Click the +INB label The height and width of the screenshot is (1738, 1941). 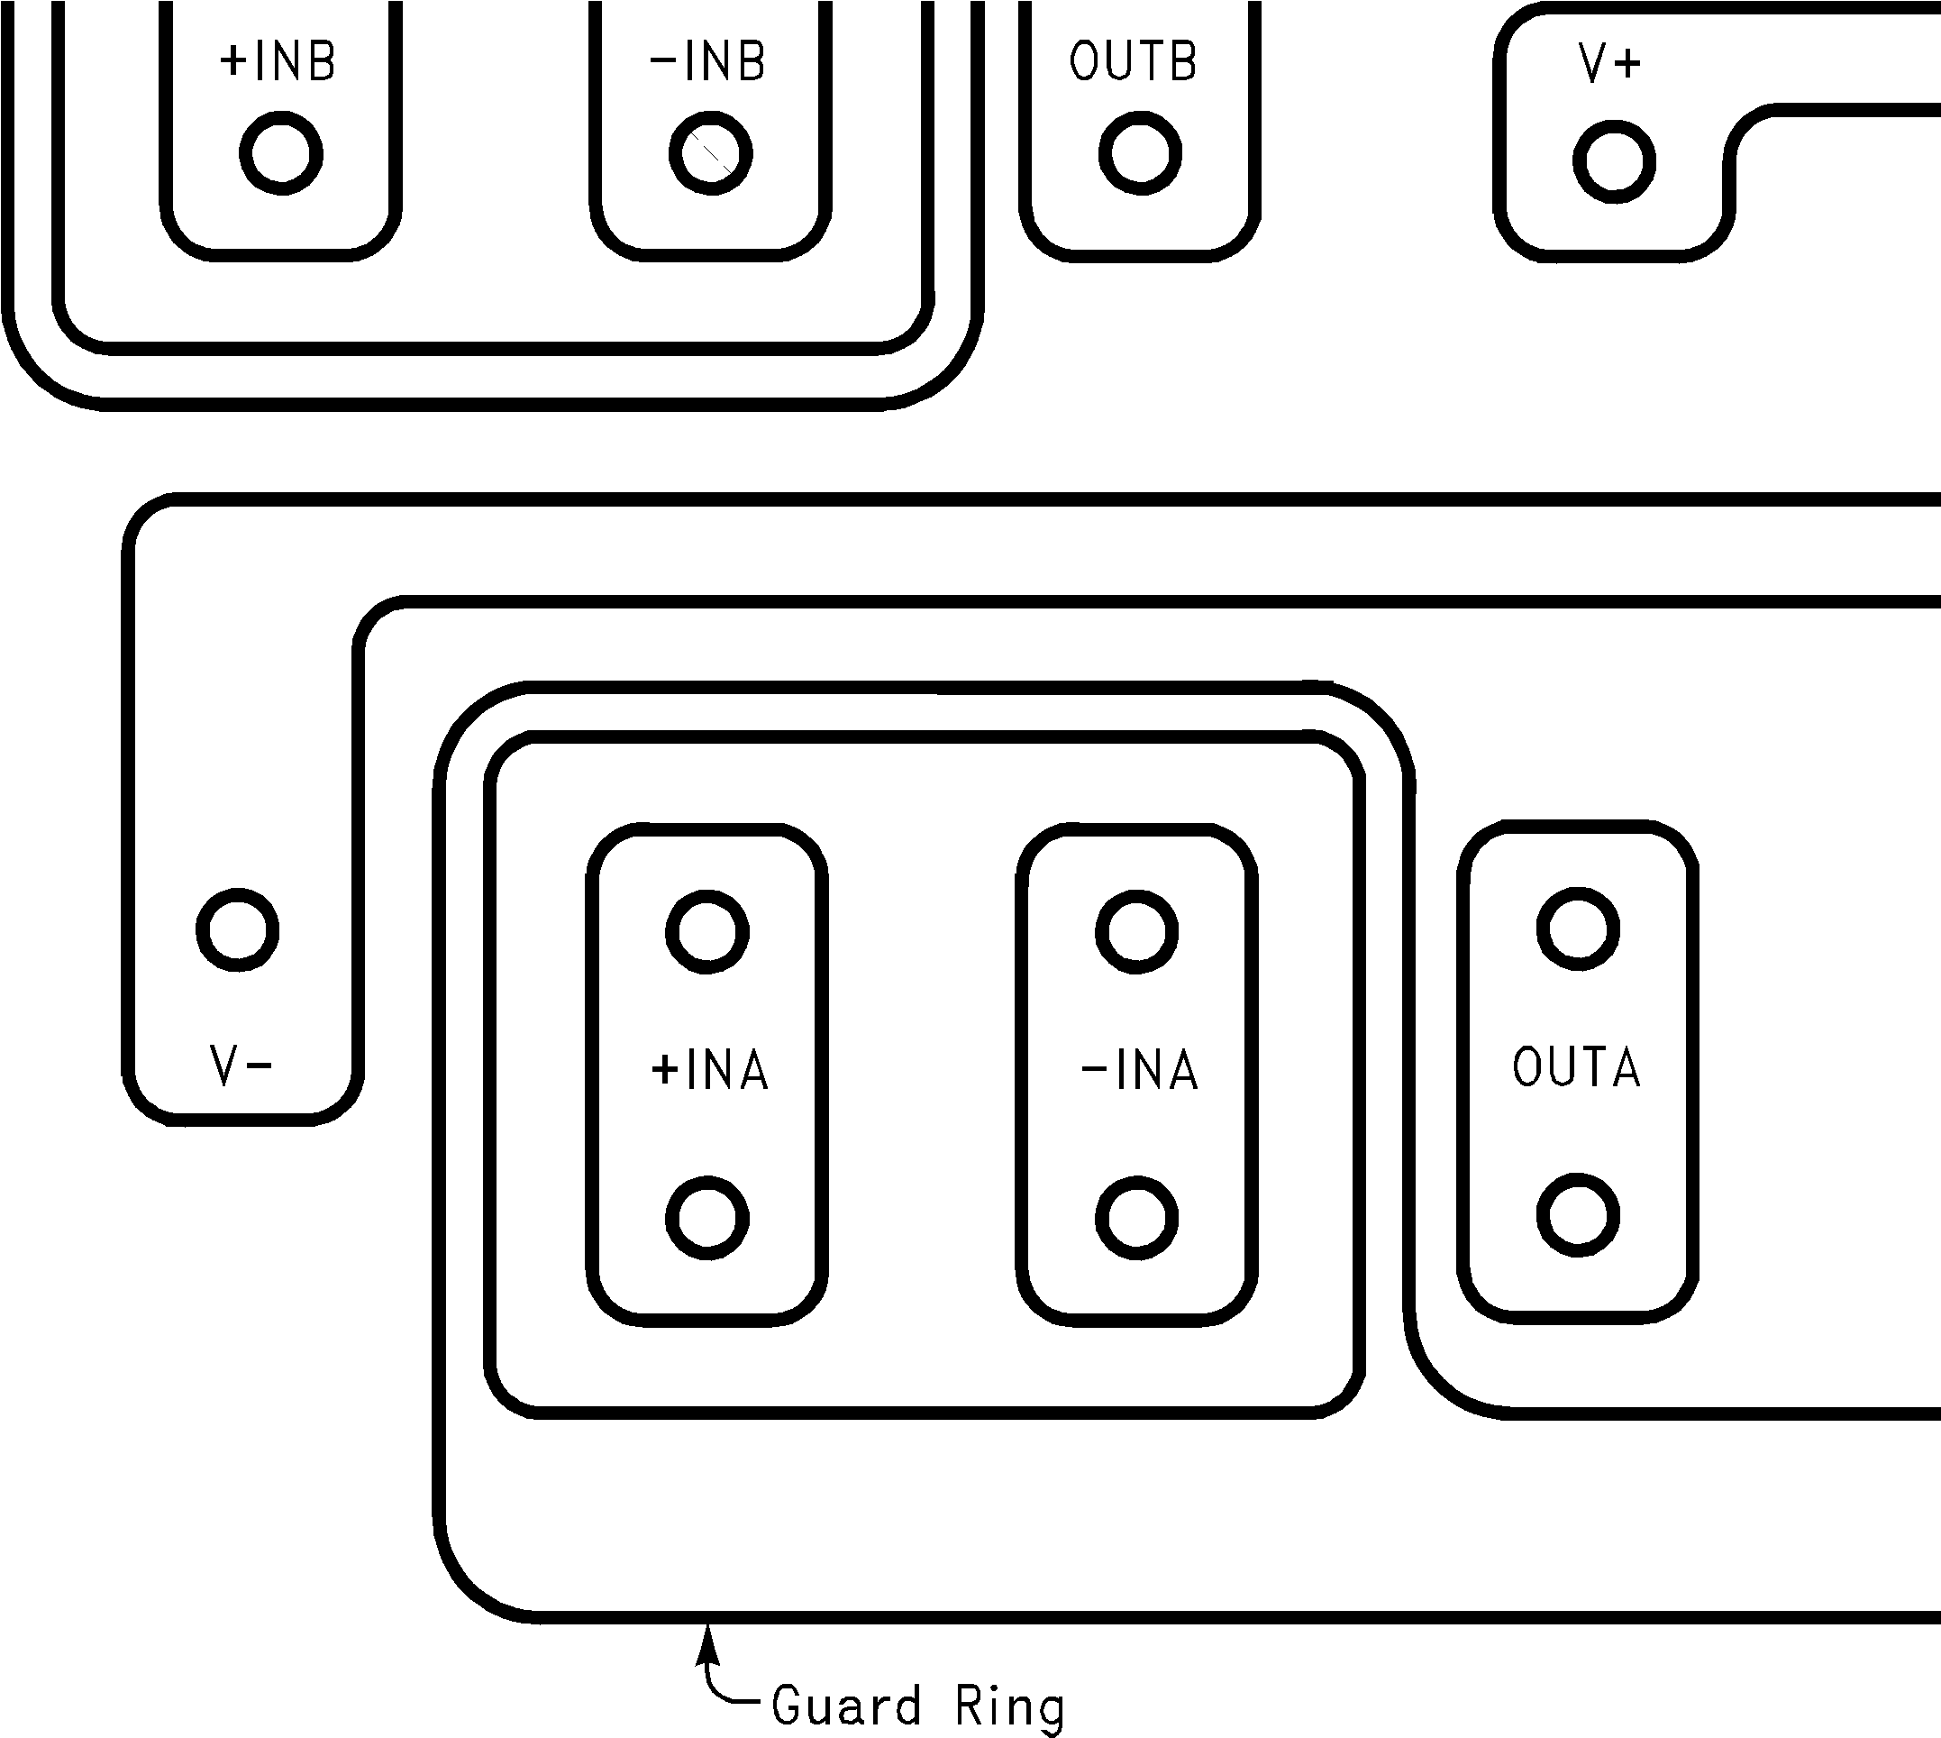pyautogui.click(x=278, y=62)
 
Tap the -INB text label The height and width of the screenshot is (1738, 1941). pyautogui.click(x=707, y=62)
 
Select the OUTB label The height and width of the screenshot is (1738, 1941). pyautogui.click(x=1134, y=62)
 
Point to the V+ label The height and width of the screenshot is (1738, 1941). pyautogui.click(x=1609, y=65)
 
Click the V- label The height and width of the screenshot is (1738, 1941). pyautogui.click(x=241, y=1066)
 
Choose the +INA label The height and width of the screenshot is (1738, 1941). pyautogui.click(x=709, y=1069)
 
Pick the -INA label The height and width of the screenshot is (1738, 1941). pyautogui.click(x=1139, y=1069)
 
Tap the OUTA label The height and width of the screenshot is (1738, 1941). pyautogui.click(x=1576, y=1067)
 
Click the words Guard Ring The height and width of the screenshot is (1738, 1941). pyautogui.click(x=917, y=1706)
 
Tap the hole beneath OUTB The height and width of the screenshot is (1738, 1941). pyautogui.click(x=1140, y=152)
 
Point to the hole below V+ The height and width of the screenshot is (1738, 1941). pyautogui.click(x=1614, y=161)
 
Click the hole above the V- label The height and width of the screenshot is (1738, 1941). pyautogui.click(x=238, y=929)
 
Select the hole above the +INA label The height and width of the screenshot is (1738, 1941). pyautogui.click(x=707, y=931)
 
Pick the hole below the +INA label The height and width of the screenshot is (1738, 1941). pyautogui.click(x=707, y=1218)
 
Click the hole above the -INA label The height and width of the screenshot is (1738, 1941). pyautogui.click(x=1137, y=931)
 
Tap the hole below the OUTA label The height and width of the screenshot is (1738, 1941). pyautogui.click(x=1578, y=1216)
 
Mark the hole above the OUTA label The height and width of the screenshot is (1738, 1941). pyautogui.click(x=1578, y=929)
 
